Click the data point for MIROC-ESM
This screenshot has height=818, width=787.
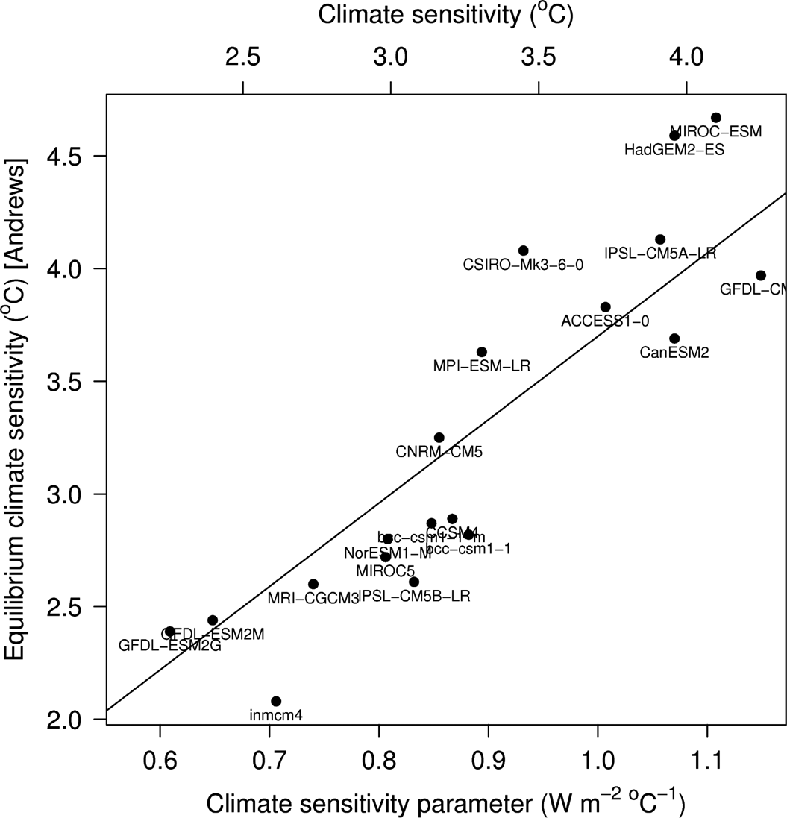tap(715, 118)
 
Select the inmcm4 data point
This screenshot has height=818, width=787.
tap(276, 701)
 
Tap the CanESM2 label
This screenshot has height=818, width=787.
tap(674, 353)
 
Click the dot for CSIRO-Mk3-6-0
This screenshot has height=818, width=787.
tap(523, 251)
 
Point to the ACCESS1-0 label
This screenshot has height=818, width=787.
tap(605, 321)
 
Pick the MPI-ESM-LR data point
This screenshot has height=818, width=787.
tap(481, 352)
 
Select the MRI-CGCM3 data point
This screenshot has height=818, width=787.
tap(313, 584)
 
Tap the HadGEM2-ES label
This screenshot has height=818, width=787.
tap(674, 150)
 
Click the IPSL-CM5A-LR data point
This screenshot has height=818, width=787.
tap(660, 239)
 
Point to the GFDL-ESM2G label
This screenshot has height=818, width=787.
tap(170, 645)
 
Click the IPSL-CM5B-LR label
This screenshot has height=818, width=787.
tap(415, 597)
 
